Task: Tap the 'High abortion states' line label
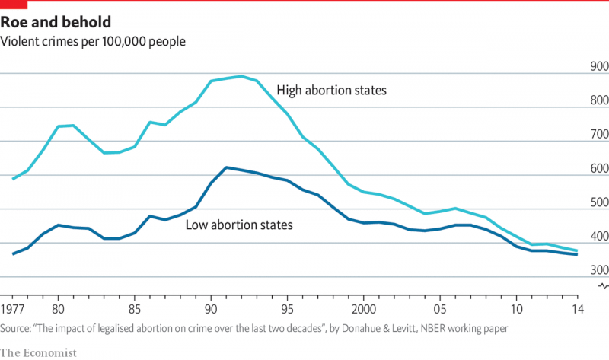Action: coord(331,91)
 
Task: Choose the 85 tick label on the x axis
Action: coord(134,310)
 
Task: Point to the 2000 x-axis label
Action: coord(364,310)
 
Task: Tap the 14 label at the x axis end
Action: coord(577,310)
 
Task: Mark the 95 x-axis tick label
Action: coord(287,310)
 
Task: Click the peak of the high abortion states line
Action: coord(241,76)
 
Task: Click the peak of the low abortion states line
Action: coord(226,167)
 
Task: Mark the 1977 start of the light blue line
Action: coord(13,179)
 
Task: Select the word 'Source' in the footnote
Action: coord(18,327)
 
